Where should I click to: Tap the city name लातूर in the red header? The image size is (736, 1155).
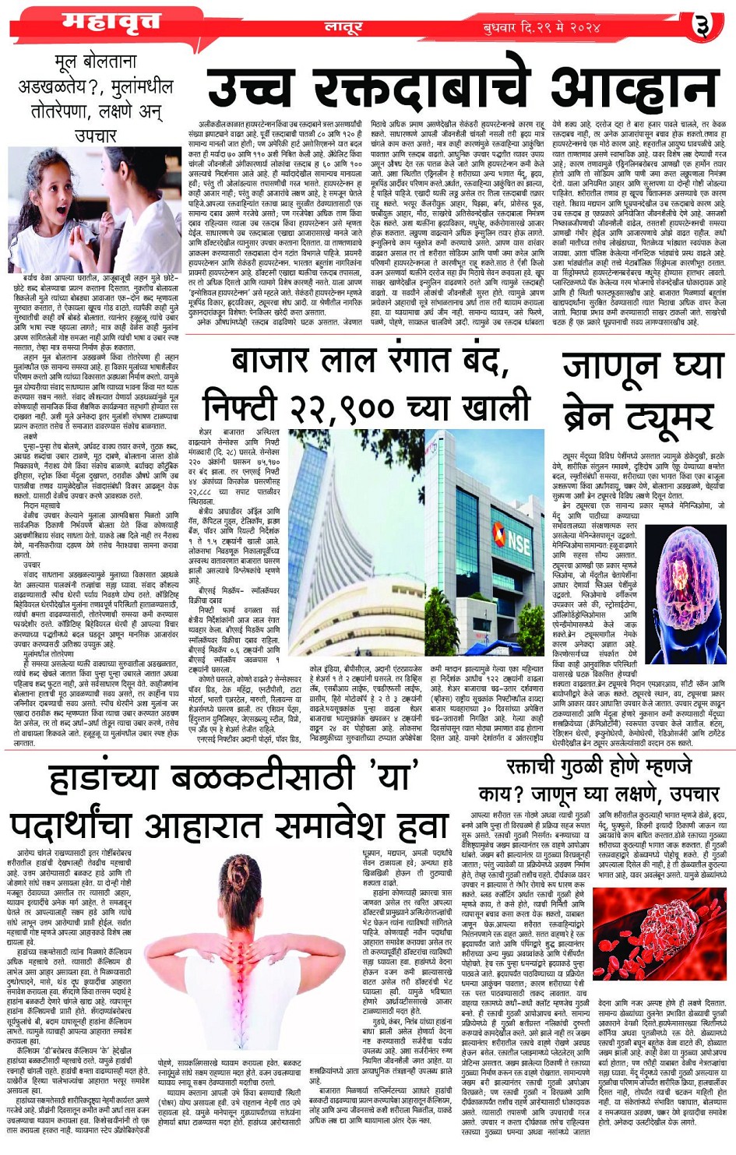click(343, 27)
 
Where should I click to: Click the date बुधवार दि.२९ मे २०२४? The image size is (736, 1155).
click(542, 28)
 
